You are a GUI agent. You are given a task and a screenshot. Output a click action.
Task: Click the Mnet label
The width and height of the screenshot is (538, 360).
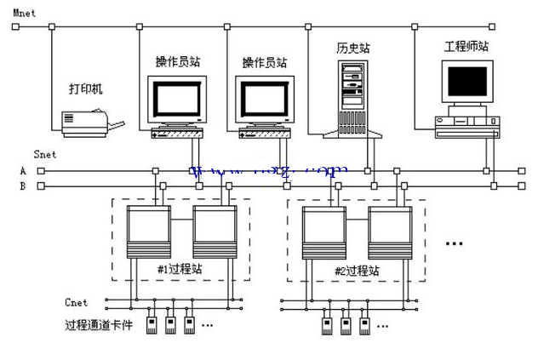coord(23,11)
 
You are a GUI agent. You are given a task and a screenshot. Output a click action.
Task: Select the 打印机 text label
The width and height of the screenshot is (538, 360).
coord(86,89)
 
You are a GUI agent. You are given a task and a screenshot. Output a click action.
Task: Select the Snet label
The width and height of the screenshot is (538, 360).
coord(44,155)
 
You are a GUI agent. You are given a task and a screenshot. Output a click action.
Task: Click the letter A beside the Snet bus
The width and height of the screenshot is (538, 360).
coord(23,171)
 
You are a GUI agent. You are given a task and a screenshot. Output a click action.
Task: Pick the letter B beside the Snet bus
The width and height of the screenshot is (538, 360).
coord(23,185)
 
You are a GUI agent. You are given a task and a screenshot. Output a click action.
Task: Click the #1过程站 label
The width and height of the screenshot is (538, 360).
coord(178,271)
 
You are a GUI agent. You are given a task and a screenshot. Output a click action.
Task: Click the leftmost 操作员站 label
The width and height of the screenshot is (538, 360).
coord(178,62)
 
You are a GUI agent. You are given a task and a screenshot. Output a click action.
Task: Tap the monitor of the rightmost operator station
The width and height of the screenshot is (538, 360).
coord(264,101)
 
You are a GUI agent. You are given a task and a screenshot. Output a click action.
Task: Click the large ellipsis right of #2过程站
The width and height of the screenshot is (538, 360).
coord(454,243)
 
